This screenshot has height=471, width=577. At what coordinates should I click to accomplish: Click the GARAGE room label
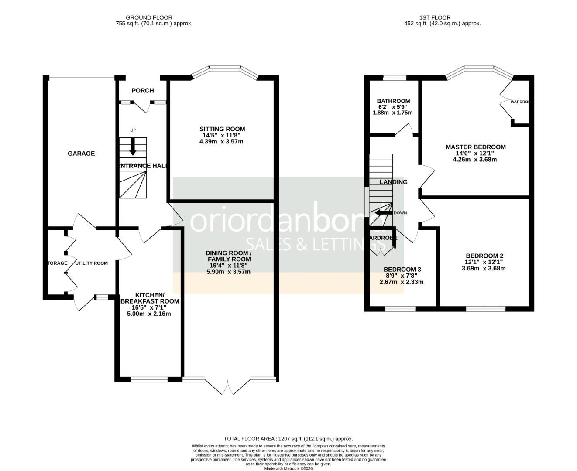click(81, 154)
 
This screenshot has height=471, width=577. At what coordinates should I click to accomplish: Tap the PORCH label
click(143, 91)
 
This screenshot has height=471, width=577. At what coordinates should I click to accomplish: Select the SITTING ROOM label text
click(222, 129)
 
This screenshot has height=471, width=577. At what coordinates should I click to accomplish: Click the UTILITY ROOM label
click(91, 263)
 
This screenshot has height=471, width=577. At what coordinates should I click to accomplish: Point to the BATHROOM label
click(394, 101)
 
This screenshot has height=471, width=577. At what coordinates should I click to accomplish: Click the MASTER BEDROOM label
click(475, 147)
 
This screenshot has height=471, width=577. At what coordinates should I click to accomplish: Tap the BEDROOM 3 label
click(402, 270)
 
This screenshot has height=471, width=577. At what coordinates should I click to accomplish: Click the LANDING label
click(393, 182)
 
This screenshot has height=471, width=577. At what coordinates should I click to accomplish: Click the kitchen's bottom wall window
click(149, 379)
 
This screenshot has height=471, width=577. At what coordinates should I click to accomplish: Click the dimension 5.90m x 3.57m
click(228, 272)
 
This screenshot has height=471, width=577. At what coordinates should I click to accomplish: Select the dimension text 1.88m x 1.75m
click(392, 113)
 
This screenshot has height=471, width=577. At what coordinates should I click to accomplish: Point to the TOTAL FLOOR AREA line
click(288, 439)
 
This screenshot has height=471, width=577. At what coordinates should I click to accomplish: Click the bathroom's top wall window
click(395, 78)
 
